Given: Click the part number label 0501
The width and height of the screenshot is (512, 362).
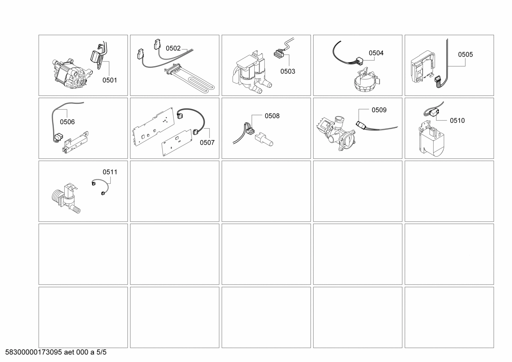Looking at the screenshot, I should point(110,80).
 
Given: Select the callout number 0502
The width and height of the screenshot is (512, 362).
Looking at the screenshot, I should point(173,49).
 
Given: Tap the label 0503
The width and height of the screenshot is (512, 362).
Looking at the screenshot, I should point(288,71).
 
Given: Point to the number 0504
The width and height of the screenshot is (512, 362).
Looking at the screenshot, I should point(376,53).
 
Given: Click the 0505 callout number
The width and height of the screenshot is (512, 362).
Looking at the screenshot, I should point(465,55).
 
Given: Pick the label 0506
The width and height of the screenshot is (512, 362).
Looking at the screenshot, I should point(67,122).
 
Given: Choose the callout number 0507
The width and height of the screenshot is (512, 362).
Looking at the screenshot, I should point(207,143).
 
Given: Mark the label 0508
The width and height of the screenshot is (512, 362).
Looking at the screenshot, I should point(272,116).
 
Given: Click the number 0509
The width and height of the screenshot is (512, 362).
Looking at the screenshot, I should point(379,110).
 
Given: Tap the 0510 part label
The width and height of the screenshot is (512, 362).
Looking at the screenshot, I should point(457,121).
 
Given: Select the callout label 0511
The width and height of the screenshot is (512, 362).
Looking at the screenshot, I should point(110,172).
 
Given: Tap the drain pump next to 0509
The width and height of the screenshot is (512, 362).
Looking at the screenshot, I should point(336,133).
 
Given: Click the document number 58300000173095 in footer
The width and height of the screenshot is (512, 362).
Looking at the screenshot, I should point(34,352).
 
